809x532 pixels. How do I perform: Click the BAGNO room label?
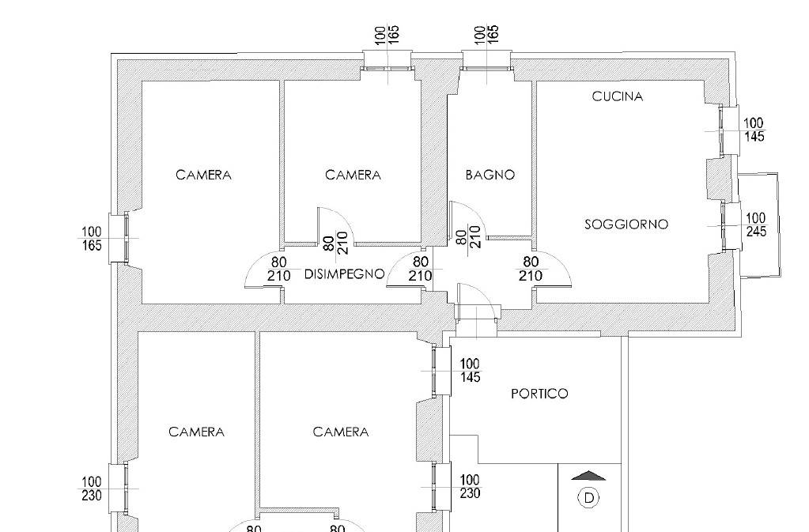tap(490, 175)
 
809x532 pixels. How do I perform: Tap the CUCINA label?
tap(618, 96)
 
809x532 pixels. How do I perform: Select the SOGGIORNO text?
tap(626, 224)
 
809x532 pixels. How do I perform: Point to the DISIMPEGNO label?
tap(345, 274)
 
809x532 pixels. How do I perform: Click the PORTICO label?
tap(539, 394)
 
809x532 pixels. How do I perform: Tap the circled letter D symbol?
tap(588, 498)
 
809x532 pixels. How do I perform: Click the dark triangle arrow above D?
tap(588, 475)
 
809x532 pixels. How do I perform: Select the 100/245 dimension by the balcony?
tap(756, 224)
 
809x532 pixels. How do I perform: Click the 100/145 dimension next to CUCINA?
tap(754, 130)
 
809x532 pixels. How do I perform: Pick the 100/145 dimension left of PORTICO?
tap(470, 371)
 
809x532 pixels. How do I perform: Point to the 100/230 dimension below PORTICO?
tap(470, 487)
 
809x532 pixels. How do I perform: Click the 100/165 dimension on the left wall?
tap(92, 238)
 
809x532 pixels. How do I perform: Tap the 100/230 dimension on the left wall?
tap(91, 489)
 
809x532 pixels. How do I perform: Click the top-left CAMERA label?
tap(203, 175)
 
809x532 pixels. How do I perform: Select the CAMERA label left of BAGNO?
tap(353, 175)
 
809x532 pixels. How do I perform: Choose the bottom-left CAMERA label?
tap(197, 432)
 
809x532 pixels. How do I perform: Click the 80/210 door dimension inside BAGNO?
tap(469, 236)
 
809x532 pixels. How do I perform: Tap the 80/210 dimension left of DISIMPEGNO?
tap(278, 269)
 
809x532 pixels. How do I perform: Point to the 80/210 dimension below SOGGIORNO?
tap(531, 269)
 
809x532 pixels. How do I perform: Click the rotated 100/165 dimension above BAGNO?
tap(486, 35)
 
